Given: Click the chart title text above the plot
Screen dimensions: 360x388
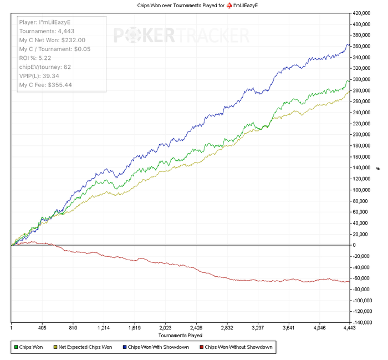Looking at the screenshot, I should click(193, 5).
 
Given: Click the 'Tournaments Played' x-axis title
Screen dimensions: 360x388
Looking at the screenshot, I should click(180, 335).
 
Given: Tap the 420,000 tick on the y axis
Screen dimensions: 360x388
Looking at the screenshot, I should click(363, 13).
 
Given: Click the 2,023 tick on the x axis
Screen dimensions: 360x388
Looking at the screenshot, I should click(166, 328).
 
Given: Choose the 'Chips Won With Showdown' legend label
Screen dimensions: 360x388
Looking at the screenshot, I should click(156, 348).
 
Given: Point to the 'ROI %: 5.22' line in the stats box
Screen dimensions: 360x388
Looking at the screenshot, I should click(36, 58).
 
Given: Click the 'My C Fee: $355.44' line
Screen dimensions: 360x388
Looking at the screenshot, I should click(45, 84).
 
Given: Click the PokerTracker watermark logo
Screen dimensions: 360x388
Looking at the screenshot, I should click(181, 37).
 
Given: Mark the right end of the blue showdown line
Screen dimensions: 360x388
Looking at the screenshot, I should click(349, 45).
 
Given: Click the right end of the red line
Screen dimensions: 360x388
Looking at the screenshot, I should click(349, 281).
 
